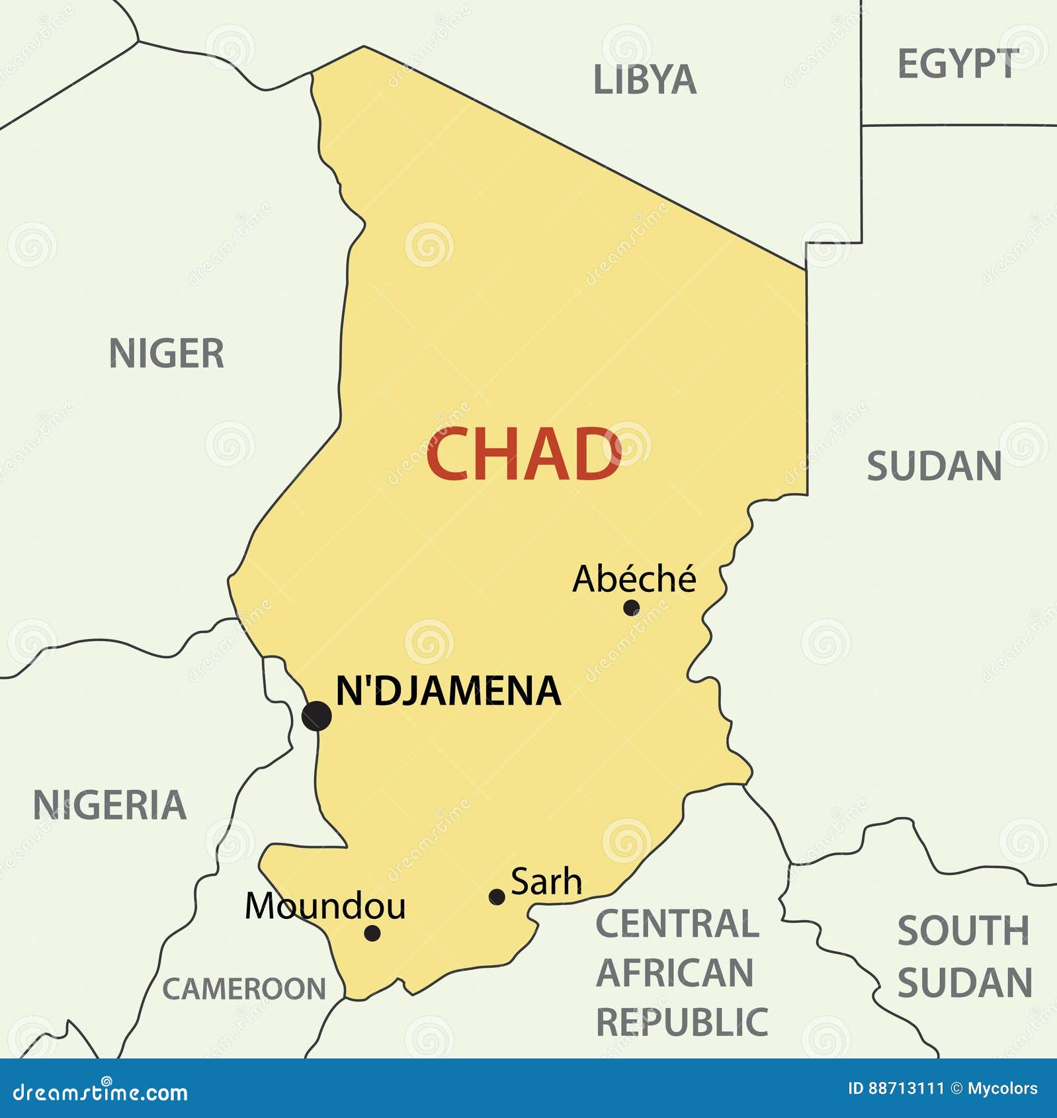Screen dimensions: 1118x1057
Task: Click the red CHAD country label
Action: (x=523, y=454)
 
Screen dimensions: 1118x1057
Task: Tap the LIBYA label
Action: (x=644, y=80)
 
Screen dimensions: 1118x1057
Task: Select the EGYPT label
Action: (x=957, y=64)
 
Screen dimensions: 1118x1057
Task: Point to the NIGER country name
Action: (x=167, y=353)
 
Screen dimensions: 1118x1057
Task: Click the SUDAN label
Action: (x=934, y=466)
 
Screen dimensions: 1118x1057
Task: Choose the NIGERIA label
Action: (x=110, y=805)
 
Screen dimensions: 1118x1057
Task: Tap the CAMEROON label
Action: (x=244, y=989)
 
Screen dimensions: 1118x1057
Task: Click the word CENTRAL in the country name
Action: (x=677, y=924)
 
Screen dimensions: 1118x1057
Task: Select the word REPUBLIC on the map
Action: (x=682, y=1023)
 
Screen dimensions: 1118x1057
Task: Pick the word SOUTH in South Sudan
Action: (x=963, y=931)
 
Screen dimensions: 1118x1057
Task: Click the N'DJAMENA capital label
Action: (x=448, y=691)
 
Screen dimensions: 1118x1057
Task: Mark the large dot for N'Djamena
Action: (x=317, y=716)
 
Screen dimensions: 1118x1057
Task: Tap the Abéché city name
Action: (x=634, y=579)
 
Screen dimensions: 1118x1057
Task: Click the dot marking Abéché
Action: (x=631, y=607)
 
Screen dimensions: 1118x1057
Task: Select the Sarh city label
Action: (x=546, y=882)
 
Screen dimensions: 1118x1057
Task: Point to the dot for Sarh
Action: (x=497, y=897)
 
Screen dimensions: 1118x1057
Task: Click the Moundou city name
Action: (x=325, y=906)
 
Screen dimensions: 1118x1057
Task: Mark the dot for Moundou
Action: (x=372, y=933)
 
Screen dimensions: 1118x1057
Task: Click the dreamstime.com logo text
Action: (x=101, y=1092)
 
